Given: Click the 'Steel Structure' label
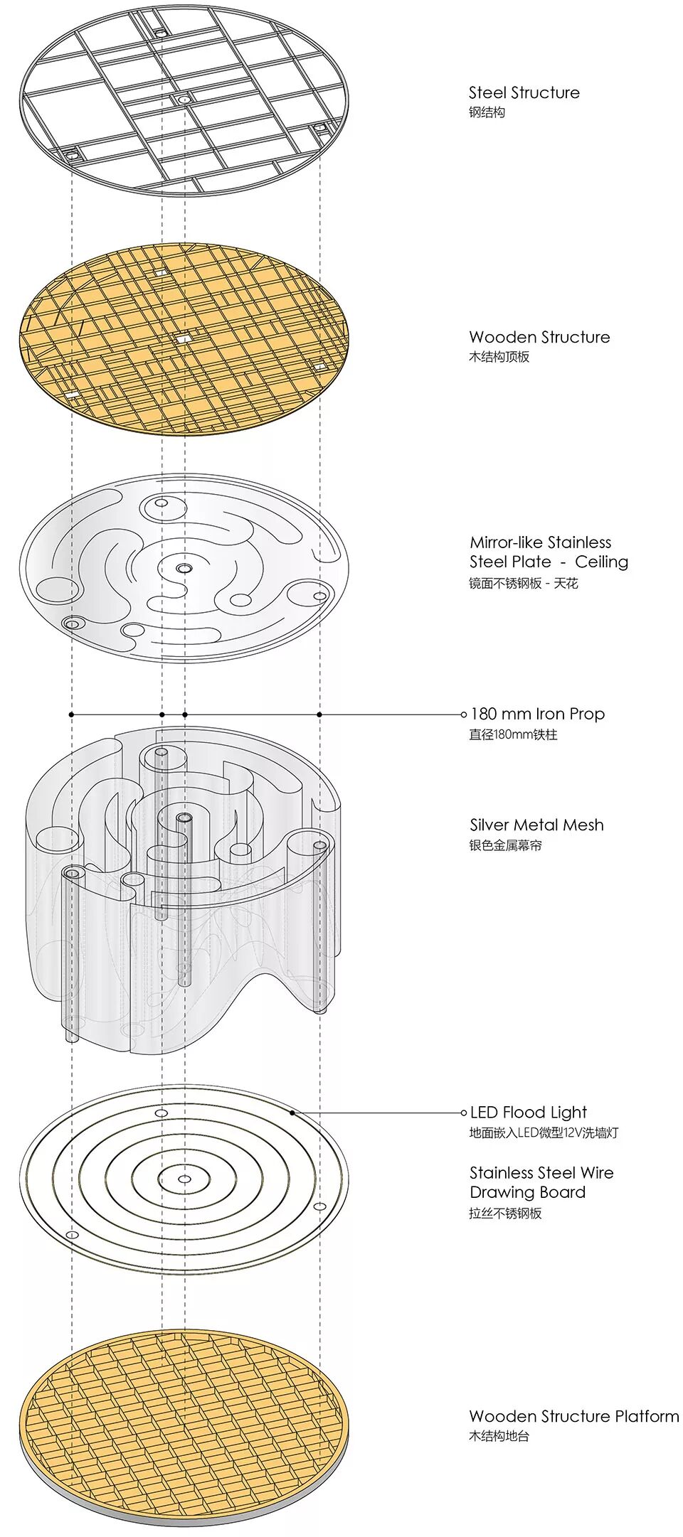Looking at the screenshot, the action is click(524, 92).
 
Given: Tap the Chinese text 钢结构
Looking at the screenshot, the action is click(487, 112).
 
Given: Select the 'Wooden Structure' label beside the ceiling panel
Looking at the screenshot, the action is click(539, 337).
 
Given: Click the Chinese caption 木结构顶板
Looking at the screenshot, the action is click(499, 357).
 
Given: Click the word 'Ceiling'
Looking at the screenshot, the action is click(601, 562).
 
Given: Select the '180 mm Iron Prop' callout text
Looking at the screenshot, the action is click(538, 714).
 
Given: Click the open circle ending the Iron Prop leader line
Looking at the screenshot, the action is click(464, 714).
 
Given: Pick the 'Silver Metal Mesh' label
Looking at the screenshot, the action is click(536, 825).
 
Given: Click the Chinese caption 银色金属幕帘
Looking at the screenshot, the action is click(505, 846).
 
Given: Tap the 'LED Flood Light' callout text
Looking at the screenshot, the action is click(529, 1113).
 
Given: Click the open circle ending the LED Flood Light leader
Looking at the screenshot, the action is click(464, 1113).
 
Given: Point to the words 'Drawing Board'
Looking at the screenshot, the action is click(527, 1192).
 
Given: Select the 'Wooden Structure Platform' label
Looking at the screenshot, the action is click(573, 1416).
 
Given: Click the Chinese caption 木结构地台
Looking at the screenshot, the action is click(499, 1436).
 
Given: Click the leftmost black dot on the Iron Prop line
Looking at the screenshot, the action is click(72, 714).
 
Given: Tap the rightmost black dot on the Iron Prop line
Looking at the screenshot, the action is click(319, 714).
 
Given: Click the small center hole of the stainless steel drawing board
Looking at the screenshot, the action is click(184, 1179).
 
